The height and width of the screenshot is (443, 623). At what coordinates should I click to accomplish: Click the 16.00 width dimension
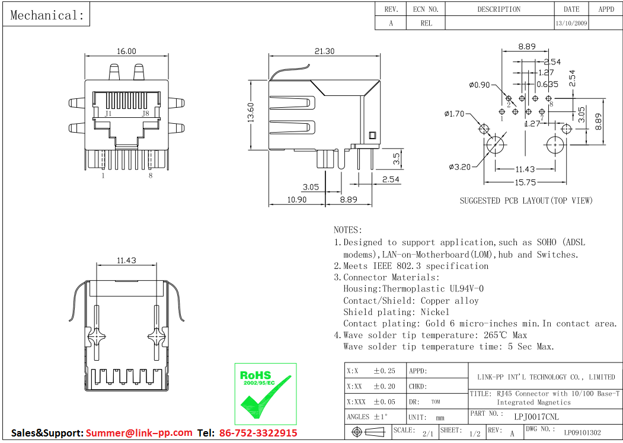tap(126, 52)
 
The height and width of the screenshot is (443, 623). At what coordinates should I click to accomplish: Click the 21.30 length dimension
tap(324, 52)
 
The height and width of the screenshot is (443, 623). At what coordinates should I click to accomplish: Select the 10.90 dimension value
tap(296, 200)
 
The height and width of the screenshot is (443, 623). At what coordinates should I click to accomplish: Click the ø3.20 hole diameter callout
tap(460, 167)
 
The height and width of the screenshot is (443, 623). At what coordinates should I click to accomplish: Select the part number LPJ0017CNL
tap(536, 416)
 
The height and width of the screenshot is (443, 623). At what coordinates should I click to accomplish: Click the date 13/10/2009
tap(571, 24)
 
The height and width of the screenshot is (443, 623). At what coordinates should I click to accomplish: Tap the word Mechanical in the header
tap(47, 15)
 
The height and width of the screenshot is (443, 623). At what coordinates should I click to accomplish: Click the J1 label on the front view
tap(108, 113)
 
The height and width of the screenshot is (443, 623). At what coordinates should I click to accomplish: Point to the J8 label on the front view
tap(145, 113)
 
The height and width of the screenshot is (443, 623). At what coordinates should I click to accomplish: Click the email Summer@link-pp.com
tap(139, 433)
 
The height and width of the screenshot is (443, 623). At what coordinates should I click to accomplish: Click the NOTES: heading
tap(347, 230)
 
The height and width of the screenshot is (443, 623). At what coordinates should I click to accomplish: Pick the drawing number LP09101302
tap(582, 433)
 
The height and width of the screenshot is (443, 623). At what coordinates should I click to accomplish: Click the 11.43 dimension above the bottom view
tap(126, 260)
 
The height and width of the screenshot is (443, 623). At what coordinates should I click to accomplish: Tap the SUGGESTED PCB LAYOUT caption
tap(526, 201)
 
